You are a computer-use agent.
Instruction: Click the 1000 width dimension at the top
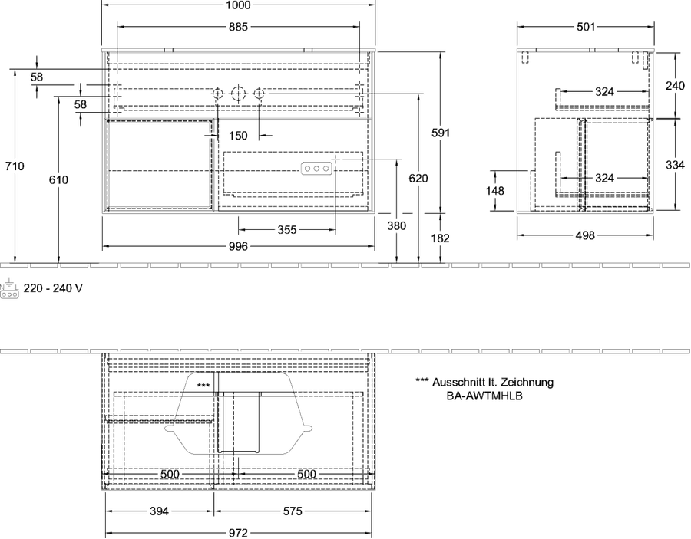(238, 5)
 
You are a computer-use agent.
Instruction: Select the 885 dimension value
(238, 27)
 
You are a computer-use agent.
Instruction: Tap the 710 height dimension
(15, 166)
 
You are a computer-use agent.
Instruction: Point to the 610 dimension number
(58, 179)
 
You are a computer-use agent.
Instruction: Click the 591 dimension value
(440, 133)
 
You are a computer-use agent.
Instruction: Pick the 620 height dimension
(418, 178)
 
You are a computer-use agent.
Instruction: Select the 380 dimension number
(397, 225)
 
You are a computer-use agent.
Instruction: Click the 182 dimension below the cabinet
(440, 238)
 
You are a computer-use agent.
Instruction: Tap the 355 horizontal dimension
(287, 230)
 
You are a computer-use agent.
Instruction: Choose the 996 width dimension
(238, 246)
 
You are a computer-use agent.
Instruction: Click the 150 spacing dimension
(238, 136)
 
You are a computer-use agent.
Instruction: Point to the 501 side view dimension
(586, 27)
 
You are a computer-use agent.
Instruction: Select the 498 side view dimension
(585, 235)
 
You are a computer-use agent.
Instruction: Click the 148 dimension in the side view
(496, 191)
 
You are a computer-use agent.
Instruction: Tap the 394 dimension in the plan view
(159, 511)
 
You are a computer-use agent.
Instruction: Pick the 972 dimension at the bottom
(238, 534)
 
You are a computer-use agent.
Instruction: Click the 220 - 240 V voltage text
(53, 288)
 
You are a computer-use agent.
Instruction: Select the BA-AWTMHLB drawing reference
(484, 396)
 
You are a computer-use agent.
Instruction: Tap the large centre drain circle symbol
(237, 94)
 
